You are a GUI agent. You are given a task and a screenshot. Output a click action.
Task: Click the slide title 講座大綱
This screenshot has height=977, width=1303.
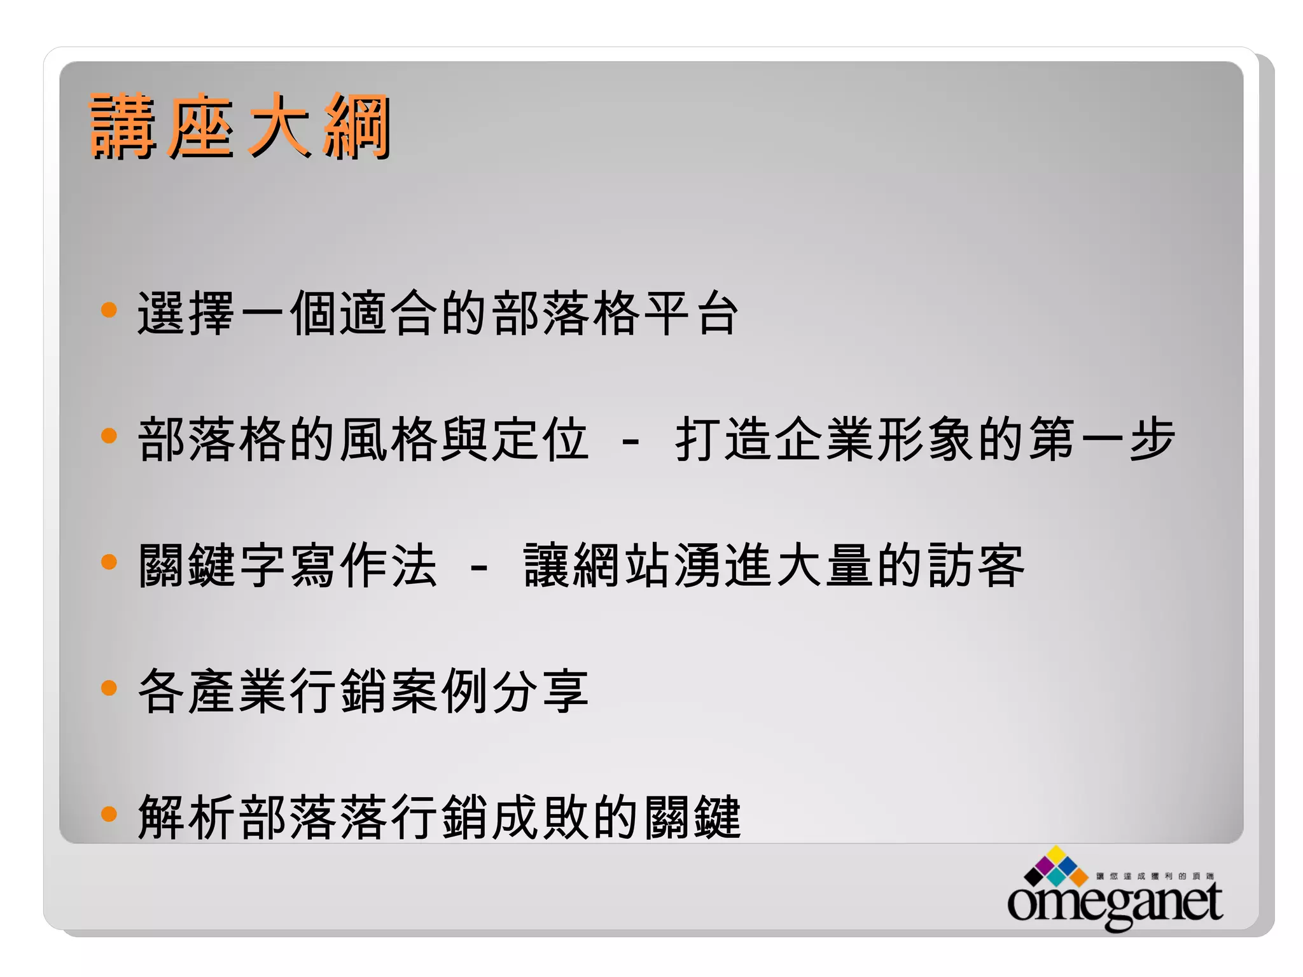point(240,125)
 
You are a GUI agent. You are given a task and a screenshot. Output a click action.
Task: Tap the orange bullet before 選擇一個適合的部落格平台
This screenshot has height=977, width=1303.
point(109,310)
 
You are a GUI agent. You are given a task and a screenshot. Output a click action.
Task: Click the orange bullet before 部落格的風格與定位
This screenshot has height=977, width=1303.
point(109,436)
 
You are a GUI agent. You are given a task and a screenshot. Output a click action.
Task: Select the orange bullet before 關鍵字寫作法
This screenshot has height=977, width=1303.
point(109,562)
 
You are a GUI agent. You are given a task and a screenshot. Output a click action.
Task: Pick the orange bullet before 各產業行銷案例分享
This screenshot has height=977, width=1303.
point(109,688)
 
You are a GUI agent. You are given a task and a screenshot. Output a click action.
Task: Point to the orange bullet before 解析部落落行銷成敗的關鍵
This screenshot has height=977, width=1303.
point(109,814)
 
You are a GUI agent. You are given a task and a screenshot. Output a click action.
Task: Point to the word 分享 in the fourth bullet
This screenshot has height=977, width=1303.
point(540,691)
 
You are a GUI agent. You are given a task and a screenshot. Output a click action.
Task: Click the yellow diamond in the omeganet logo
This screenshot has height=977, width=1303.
point(1057,854)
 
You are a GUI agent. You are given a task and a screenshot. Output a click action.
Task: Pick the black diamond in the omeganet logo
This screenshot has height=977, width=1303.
point(1034,877)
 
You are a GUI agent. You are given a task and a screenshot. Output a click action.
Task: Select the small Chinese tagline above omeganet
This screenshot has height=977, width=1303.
point(1155,876)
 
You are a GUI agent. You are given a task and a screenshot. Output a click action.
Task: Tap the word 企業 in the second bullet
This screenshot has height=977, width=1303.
point(825,439)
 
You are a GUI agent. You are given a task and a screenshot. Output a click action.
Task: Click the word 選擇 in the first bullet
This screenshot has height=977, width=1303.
point(186,313)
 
